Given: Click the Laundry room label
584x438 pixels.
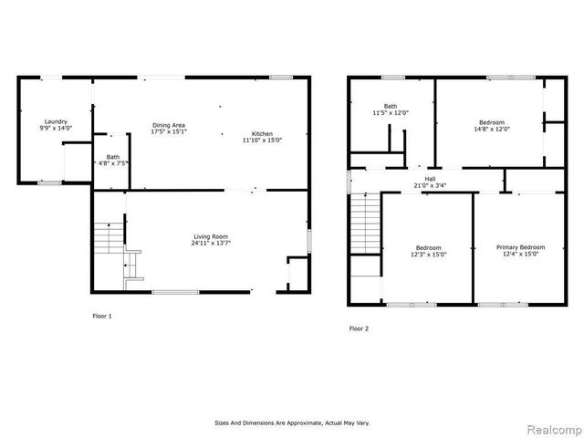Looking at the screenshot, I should click(x=56, y=121).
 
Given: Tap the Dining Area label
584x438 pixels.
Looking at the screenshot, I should click(x=169, y=125).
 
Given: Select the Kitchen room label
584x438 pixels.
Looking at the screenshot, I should click(x=263, y=134).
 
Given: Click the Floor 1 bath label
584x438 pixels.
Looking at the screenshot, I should click(x=113, y=157).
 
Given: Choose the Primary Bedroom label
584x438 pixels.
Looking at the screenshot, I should click(x=521, y=247).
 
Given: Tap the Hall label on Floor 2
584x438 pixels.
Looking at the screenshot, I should click(x=430, y=179).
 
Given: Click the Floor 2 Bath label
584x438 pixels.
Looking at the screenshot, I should click(x=391, y=106).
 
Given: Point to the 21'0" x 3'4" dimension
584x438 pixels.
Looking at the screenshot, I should click(x=430, y=186).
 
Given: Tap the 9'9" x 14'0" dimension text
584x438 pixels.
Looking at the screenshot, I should click(x=56, y=129).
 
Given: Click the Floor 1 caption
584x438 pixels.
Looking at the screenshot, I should click(x=102, y=316).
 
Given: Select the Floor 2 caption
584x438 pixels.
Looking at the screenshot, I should click(x=360, y=328).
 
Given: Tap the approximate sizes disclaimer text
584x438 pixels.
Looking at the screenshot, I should click(x=292, y=423).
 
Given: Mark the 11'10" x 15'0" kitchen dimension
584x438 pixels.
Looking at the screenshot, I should click(x=263, y=141).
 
